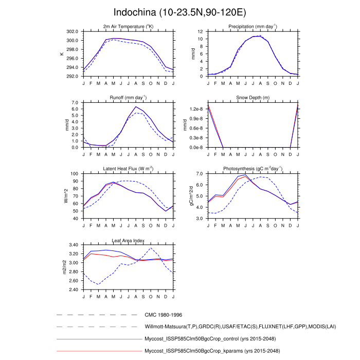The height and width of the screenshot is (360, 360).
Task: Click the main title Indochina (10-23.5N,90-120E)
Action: coord(180,12)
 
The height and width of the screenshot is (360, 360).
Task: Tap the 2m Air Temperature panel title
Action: coord(128,27)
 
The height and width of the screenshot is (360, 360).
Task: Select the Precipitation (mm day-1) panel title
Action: coord(253,27)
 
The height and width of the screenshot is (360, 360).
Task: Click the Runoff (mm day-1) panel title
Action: coord(128,97)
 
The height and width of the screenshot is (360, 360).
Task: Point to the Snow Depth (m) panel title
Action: coord(253,98)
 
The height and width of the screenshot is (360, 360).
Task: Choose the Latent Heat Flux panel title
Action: coord(128,169)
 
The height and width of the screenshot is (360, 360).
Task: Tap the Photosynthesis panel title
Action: coord(253,169)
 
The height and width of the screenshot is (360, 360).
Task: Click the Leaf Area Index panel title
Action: coord(128,240)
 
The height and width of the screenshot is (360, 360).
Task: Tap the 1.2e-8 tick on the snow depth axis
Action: coord(198,109)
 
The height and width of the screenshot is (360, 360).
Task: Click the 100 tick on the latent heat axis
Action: coord(75,174)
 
